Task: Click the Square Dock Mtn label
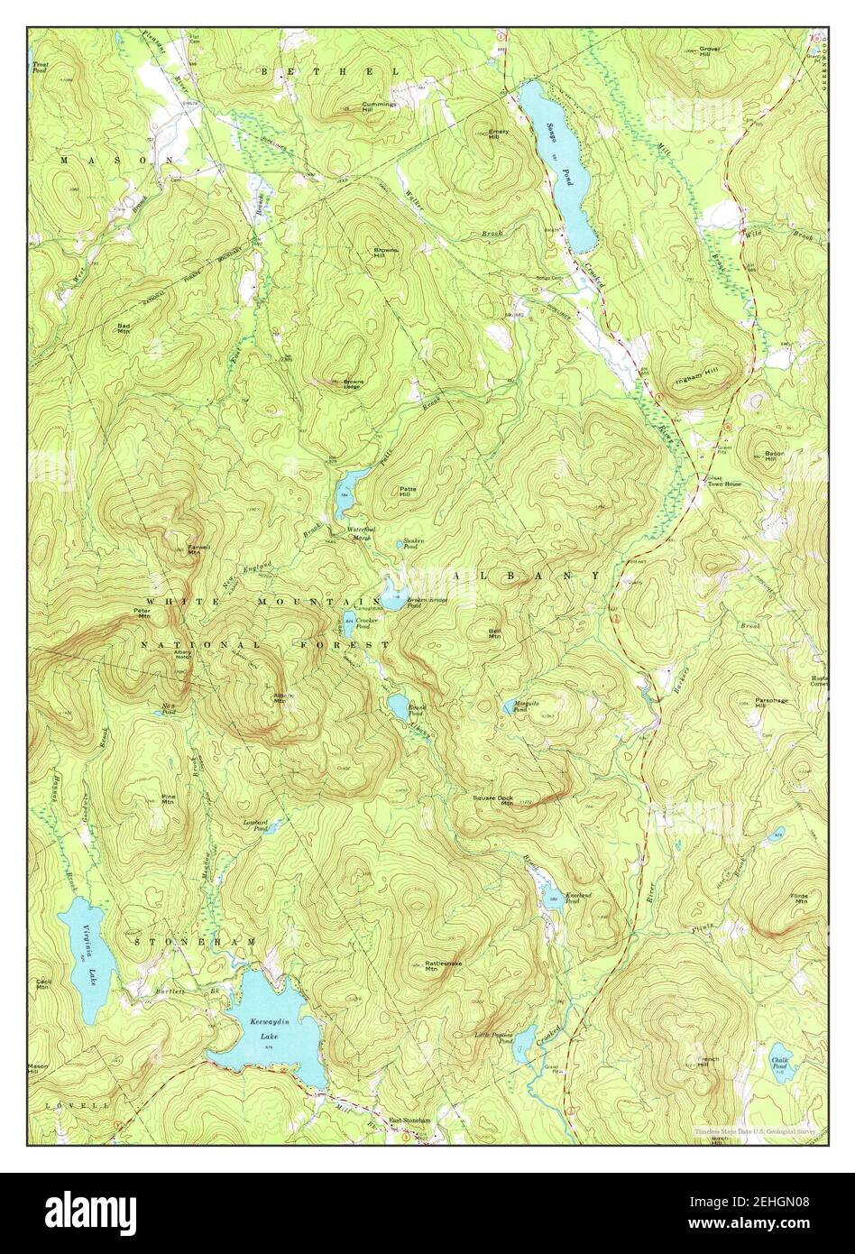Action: tap(493, 799)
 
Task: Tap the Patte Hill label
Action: tap(408, 491)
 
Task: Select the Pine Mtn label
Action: tap(168, 798)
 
